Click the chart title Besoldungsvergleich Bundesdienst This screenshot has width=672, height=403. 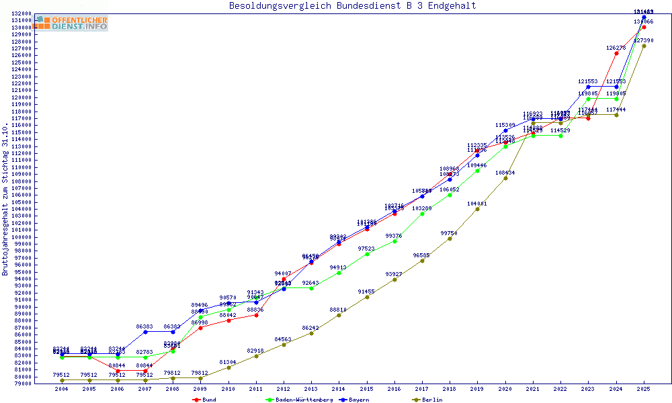click(352, 6)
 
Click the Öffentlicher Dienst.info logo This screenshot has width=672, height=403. click(71, 23)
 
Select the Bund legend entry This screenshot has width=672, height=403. click(204, 400)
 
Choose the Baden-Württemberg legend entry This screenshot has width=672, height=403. click(298, 400)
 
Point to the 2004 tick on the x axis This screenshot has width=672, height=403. click(62, 389)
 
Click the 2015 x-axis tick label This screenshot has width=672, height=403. click(366, 389)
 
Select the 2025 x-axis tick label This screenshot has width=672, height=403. click(644, 389)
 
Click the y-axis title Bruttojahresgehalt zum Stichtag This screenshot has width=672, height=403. click(6, 199)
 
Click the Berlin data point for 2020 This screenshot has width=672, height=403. click(505, 178)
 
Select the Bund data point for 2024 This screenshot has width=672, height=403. click(616, 54)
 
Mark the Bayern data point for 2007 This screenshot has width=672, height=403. click(145, 332)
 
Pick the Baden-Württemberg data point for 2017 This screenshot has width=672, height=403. click(422, 214)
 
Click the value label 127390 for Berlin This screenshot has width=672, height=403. click(644, 40)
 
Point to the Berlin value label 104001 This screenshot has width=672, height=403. click(477, 203)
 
